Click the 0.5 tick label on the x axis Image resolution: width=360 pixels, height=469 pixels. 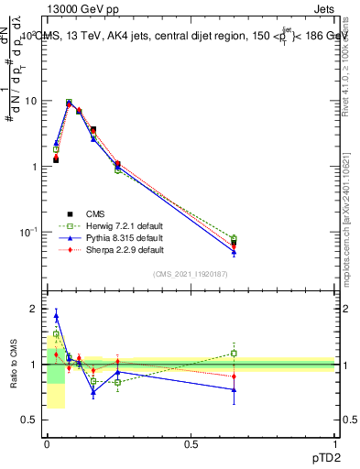190,443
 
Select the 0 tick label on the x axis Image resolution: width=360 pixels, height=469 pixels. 47,443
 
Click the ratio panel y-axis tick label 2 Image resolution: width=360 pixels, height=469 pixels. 33,309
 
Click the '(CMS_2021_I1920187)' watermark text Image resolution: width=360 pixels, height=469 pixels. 191,275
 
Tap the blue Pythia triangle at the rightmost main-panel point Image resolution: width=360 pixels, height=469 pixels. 234,252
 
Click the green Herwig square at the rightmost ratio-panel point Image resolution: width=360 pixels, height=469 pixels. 234,353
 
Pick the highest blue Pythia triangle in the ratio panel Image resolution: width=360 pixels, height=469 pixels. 56,315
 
